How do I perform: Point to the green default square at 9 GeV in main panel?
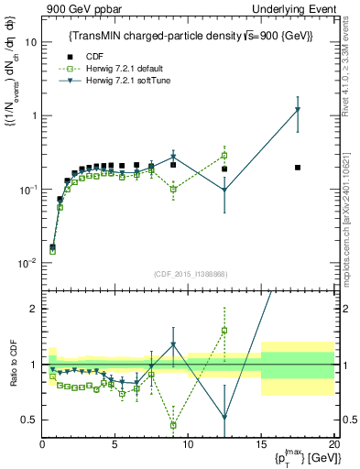click(173, 190)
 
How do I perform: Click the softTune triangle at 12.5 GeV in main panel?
click(224, 191)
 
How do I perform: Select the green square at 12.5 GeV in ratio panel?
click(224, 330)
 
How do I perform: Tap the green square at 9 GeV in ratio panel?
click(173, 425)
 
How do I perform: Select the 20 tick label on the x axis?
click(332, 444)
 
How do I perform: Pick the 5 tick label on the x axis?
click(115, 444)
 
